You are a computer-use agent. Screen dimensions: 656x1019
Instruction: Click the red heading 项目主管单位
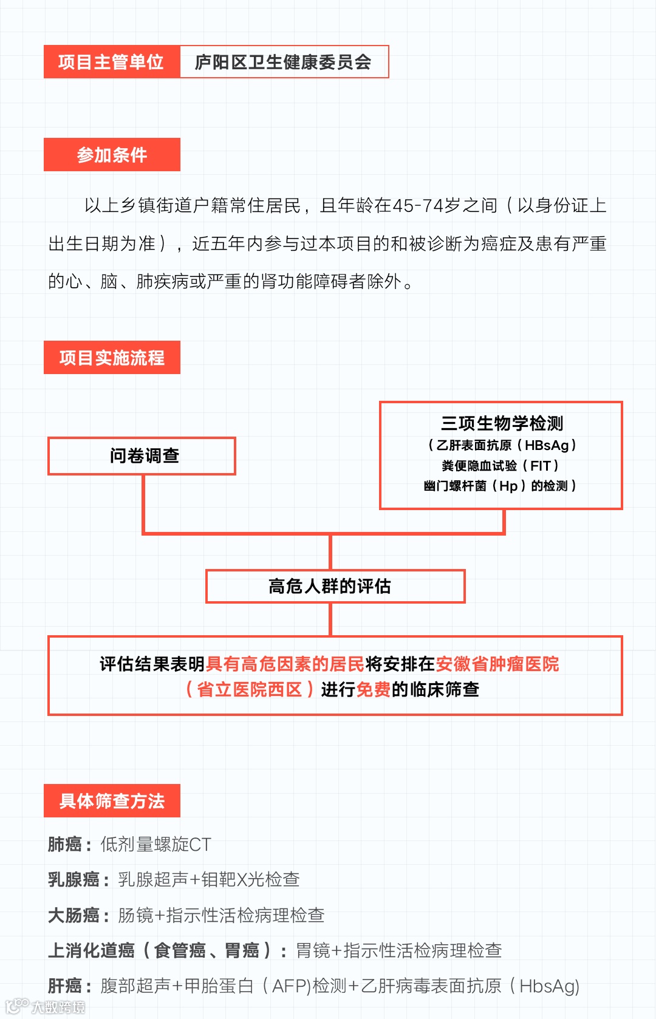tap(111, 62)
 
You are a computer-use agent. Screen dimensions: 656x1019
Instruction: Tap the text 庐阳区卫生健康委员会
tap(283, 62)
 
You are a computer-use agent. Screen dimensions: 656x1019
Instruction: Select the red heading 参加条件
tap(112, 155)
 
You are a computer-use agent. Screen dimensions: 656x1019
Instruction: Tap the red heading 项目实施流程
tap(112, 358)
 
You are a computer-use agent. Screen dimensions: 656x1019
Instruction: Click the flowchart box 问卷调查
tap(144, 455)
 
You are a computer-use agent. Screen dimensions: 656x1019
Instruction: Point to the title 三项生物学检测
tap(502, 423)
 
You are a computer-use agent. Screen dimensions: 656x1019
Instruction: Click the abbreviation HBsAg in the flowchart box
tap(547, 445)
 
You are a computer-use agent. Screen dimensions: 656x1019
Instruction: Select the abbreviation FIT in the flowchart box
tap(540, 466)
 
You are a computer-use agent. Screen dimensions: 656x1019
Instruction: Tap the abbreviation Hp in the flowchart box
tap(508, 486)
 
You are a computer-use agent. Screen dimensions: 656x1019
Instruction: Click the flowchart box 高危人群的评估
tap(330, 586)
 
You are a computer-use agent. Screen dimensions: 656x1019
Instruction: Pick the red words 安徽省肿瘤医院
tap(497, 664)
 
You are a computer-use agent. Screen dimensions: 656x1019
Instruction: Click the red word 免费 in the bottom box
tap(373, 690)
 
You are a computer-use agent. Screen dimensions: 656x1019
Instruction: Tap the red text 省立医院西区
tap(249, 690)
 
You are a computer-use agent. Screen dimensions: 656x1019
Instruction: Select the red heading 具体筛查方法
tap(112, 801)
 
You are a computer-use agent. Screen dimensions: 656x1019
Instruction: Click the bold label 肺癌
tap(65, 844)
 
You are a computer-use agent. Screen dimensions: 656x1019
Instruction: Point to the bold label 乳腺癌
tap(73, 879)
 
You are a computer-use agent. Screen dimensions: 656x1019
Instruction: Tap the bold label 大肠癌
tap(73, 915)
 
